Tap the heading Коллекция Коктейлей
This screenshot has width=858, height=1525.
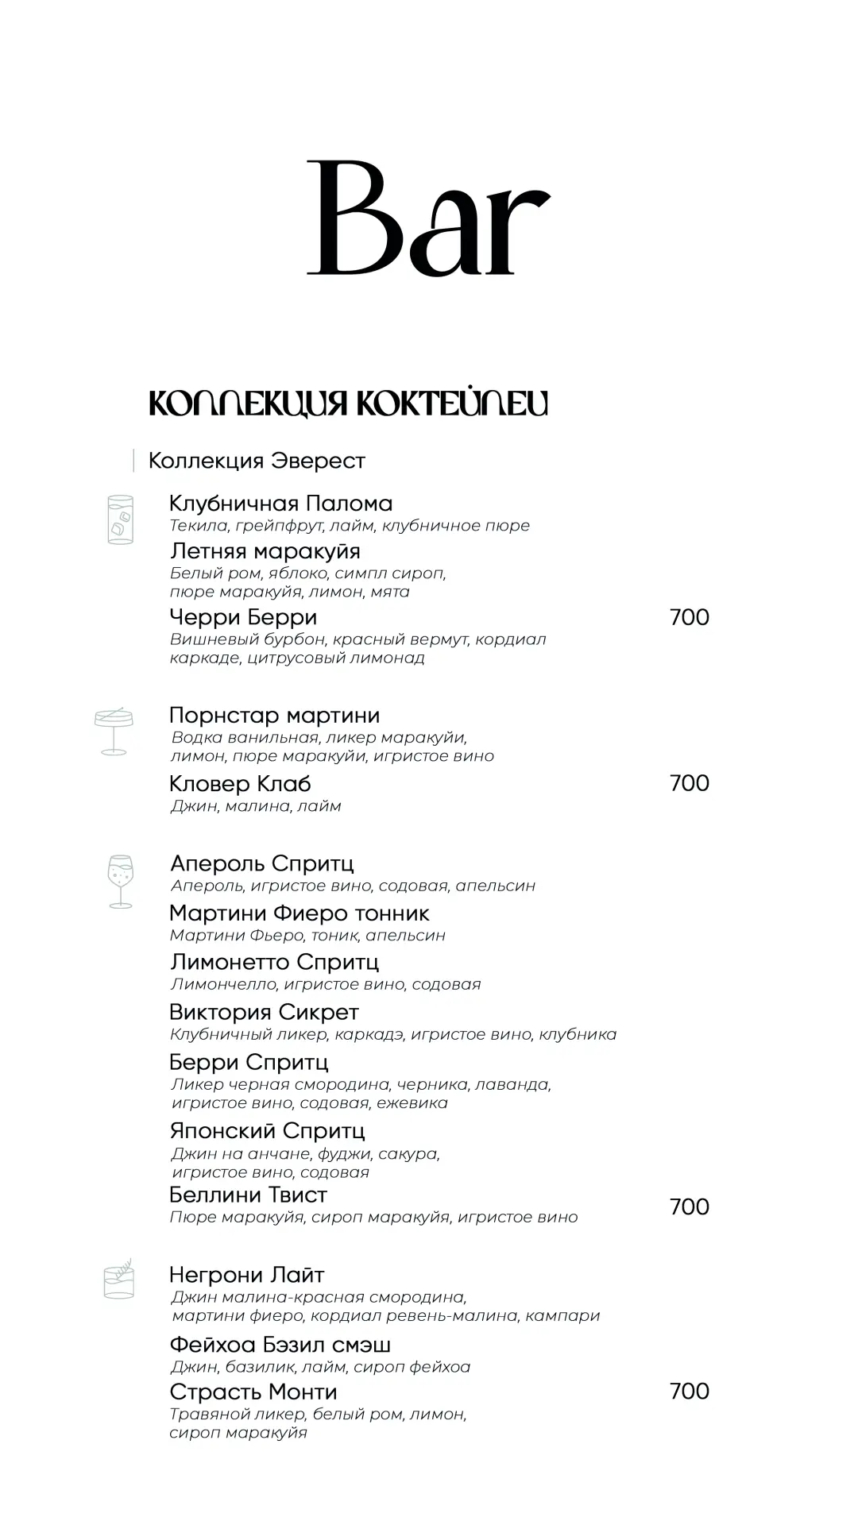[x=348, y=403]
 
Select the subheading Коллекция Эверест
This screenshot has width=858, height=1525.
[x=257, y=461]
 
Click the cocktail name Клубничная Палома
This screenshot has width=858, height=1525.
[x=280, y=504]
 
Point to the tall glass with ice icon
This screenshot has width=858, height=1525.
[x=121, y=519]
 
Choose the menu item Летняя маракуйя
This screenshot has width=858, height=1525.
[x=265, y=551]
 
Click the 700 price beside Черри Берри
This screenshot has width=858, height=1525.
[x=689, y=617]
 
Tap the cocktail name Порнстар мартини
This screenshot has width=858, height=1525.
[x=274, y=716]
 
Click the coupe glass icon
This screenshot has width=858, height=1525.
[x=114, y=731]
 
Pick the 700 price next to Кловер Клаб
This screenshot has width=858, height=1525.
[x=689, y=783]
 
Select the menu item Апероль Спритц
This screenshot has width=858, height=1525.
[x=261, y=863]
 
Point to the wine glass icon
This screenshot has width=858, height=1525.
[x=121, y=881]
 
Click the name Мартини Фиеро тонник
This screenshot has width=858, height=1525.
[x=299, y=913]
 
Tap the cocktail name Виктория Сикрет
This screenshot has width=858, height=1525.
[x=264, y=1013]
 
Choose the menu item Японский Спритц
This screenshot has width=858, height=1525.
[x=267, y=1131]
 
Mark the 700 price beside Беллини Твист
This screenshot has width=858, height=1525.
[x=689, y=1206]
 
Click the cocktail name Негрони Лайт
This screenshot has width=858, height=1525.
[x=246, y=1276]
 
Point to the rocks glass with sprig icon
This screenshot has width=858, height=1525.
[x=119, y=1279]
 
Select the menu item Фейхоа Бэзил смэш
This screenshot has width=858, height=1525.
[x=280, y=1345]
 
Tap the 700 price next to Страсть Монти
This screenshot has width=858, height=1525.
[x=689, y=1391]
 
